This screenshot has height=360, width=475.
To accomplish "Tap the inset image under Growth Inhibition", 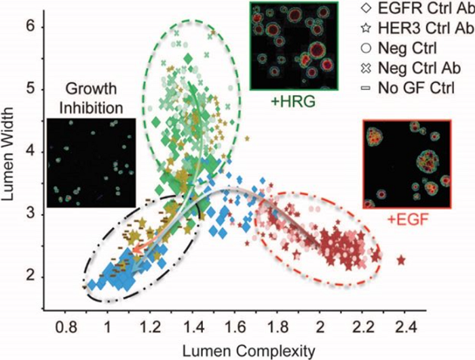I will [x=91, y=162].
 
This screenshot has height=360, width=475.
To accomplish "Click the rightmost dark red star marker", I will [x=402, y=259].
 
